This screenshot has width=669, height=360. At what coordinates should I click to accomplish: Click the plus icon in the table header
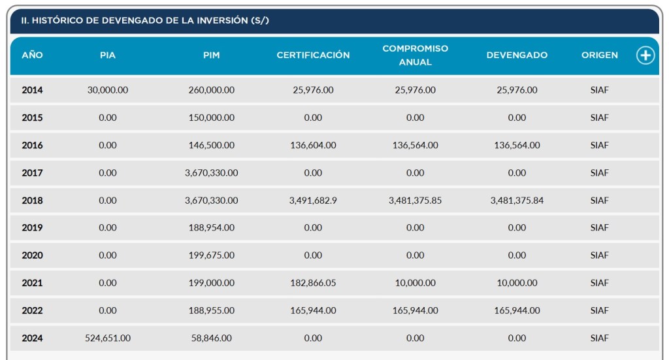(645, 56)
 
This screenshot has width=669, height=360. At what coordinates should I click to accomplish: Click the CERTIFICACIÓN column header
(313, 56)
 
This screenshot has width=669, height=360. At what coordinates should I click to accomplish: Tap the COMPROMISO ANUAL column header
(416, 56)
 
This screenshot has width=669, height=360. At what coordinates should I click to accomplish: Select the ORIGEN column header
(600, 56)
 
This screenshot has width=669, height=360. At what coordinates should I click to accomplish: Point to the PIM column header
(211, 56)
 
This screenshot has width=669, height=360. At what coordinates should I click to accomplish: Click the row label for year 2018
(32, 201)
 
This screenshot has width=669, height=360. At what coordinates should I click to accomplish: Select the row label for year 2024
(32, 338)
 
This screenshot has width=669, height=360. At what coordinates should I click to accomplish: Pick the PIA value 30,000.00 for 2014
(108, 90)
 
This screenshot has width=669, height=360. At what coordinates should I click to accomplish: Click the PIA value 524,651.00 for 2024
(108, 338)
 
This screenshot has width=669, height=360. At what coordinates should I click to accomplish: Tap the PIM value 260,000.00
(211, 90)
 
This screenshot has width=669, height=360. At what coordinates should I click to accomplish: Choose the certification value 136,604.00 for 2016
(313, 145)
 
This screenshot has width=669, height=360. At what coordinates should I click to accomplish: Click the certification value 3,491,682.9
(313, 201)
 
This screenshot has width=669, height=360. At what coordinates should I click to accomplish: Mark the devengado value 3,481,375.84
(517, 201)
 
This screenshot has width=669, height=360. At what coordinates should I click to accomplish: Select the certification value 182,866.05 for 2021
(313, 283)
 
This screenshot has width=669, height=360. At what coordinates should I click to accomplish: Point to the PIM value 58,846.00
(211, 338)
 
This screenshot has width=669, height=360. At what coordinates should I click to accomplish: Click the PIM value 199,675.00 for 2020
(211, 255)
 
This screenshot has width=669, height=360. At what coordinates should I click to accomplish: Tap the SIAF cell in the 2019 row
(599, 228)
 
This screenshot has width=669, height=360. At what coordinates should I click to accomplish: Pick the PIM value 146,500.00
(211, 145)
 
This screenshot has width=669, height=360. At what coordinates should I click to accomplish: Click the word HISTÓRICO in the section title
(56, 21)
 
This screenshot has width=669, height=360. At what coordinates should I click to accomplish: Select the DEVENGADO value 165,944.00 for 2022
(517, 311)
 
